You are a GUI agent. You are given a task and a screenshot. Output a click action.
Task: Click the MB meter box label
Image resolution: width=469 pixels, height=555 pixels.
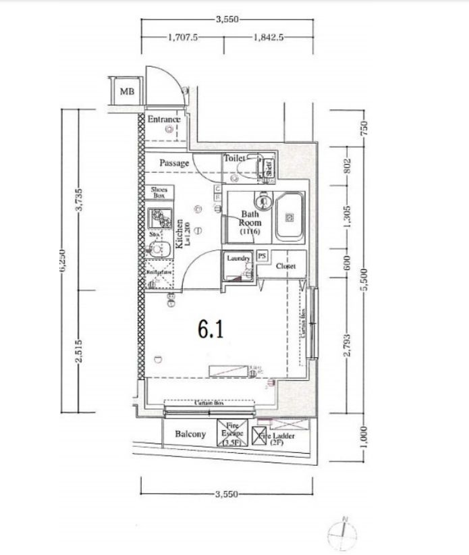coord(126,90)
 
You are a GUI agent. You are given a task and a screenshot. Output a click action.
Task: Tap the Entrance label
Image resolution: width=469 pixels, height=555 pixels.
coord(163,120)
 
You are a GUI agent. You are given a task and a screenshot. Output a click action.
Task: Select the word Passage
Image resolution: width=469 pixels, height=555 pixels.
coord(173,163)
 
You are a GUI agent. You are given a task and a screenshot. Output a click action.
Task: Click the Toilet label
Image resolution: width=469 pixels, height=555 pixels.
coord(234,158)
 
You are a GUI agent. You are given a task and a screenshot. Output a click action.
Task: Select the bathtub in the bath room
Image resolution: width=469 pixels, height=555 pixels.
coord(289,217)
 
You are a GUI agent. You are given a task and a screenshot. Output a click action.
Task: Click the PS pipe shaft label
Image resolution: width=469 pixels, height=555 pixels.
coord(262,257)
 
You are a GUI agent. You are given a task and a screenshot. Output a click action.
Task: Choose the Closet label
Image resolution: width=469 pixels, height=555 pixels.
coord(286,266)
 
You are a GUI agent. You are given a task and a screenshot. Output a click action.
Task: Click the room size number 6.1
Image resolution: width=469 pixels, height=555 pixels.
coord(211,329)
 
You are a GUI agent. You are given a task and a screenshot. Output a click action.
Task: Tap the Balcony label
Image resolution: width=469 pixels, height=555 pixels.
coord(190,434)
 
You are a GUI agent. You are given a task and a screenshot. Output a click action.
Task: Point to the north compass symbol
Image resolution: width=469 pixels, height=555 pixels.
coord(344,533)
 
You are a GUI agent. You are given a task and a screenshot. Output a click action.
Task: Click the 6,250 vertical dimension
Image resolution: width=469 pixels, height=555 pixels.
coord(63,259)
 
